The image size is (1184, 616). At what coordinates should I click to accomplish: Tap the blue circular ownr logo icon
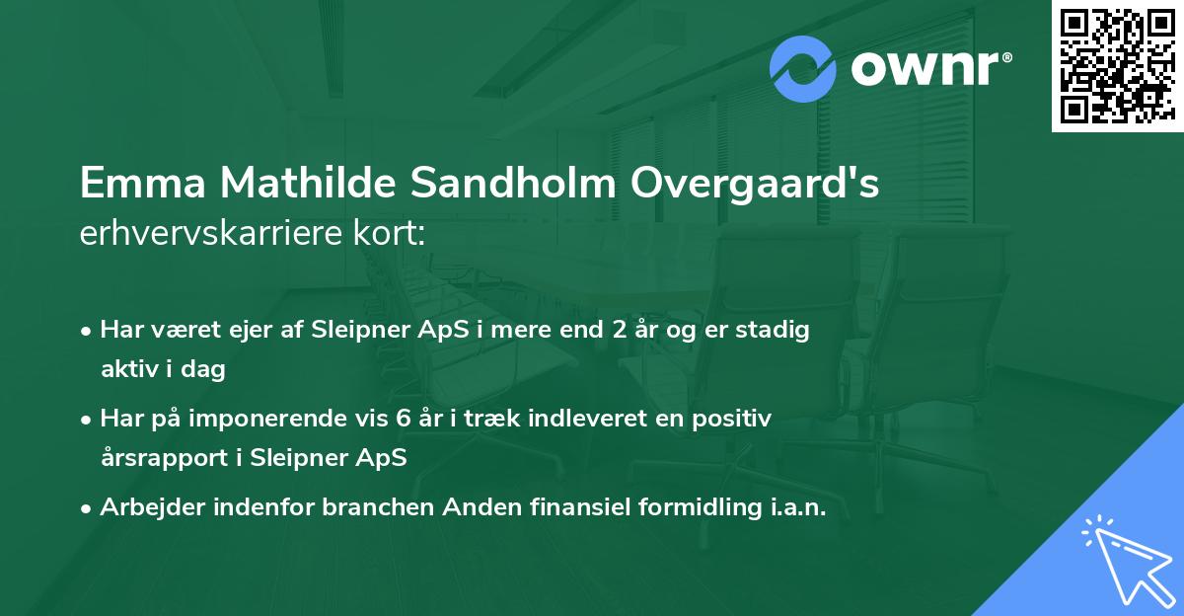[x=803, y=69]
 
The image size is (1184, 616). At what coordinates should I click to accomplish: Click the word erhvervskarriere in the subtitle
[x=220, y=234]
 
